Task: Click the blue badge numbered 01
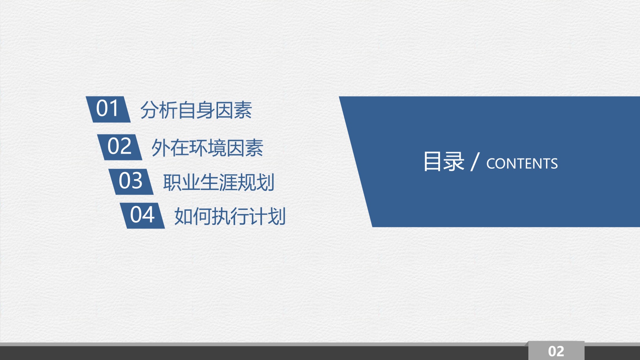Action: click(108, 109)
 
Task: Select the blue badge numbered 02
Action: click(120, 147)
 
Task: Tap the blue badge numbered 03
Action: click(131, 181)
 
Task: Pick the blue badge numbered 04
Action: click(142, 215)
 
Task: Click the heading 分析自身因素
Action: click(196, 110)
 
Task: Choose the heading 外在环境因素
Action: click(207, 148)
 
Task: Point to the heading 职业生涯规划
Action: click(219, 182)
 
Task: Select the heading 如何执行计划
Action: click(230, 216)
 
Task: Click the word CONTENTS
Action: click(522, 164)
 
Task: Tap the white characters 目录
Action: click(444, 161)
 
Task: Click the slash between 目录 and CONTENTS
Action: click(475, 162)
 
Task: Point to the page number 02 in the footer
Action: click(556, 351)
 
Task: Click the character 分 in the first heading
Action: click(149, 110)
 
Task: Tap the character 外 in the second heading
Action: click(161, 148)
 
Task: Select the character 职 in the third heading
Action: click(172, 182)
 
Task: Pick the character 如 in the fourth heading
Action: click(184, 216)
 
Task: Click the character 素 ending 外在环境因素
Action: click(254, 148)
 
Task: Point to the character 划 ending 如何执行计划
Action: click(277, 216)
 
